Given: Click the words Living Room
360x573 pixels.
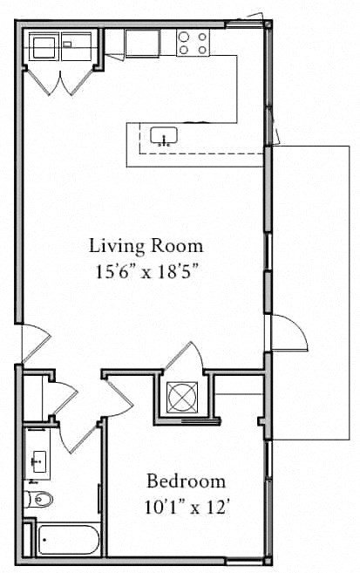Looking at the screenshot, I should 147,245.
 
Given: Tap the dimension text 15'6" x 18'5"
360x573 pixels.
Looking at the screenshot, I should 147,270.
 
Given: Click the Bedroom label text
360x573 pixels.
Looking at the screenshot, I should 186,481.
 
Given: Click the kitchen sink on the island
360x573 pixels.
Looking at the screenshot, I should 164,135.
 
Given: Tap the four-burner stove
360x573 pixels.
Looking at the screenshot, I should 194,43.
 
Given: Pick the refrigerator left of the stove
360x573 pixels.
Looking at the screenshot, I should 141,43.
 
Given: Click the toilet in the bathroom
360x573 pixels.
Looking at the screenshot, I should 39,499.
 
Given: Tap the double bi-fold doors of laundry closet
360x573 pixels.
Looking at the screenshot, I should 58,80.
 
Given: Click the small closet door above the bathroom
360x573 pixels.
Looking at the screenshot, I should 63,397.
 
